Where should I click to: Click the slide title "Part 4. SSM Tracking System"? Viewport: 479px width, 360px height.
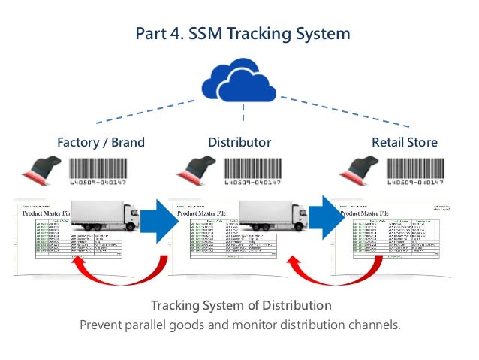click(x=242, y=34)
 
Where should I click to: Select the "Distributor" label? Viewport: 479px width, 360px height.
click(x=239, y=142)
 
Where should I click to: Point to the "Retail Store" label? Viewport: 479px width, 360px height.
click(x=404, y=142)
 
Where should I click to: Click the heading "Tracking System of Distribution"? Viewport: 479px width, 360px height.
click(x=240, y=306)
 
